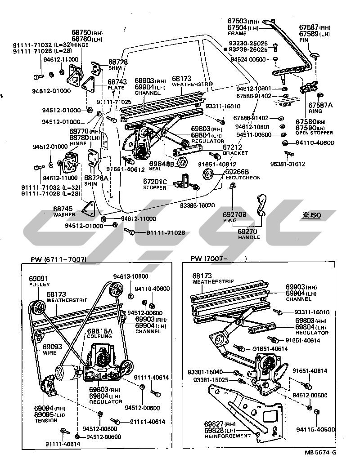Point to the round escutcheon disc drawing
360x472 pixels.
tap(208, 175)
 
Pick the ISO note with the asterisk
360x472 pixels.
tap(312, 215)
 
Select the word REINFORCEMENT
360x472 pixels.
tap(228, 436)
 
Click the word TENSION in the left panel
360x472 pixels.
tap(45, 421)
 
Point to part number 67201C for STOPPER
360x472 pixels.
tap(155, 181)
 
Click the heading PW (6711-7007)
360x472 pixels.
tap(59, 259)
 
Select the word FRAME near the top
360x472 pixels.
tap(237, 33)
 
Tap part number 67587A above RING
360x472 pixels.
tap(319, 105)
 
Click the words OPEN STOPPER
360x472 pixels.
tap(314, 133)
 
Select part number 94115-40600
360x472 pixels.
tap(315, 429)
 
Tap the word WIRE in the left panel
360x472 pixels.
tap(49, 353)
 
